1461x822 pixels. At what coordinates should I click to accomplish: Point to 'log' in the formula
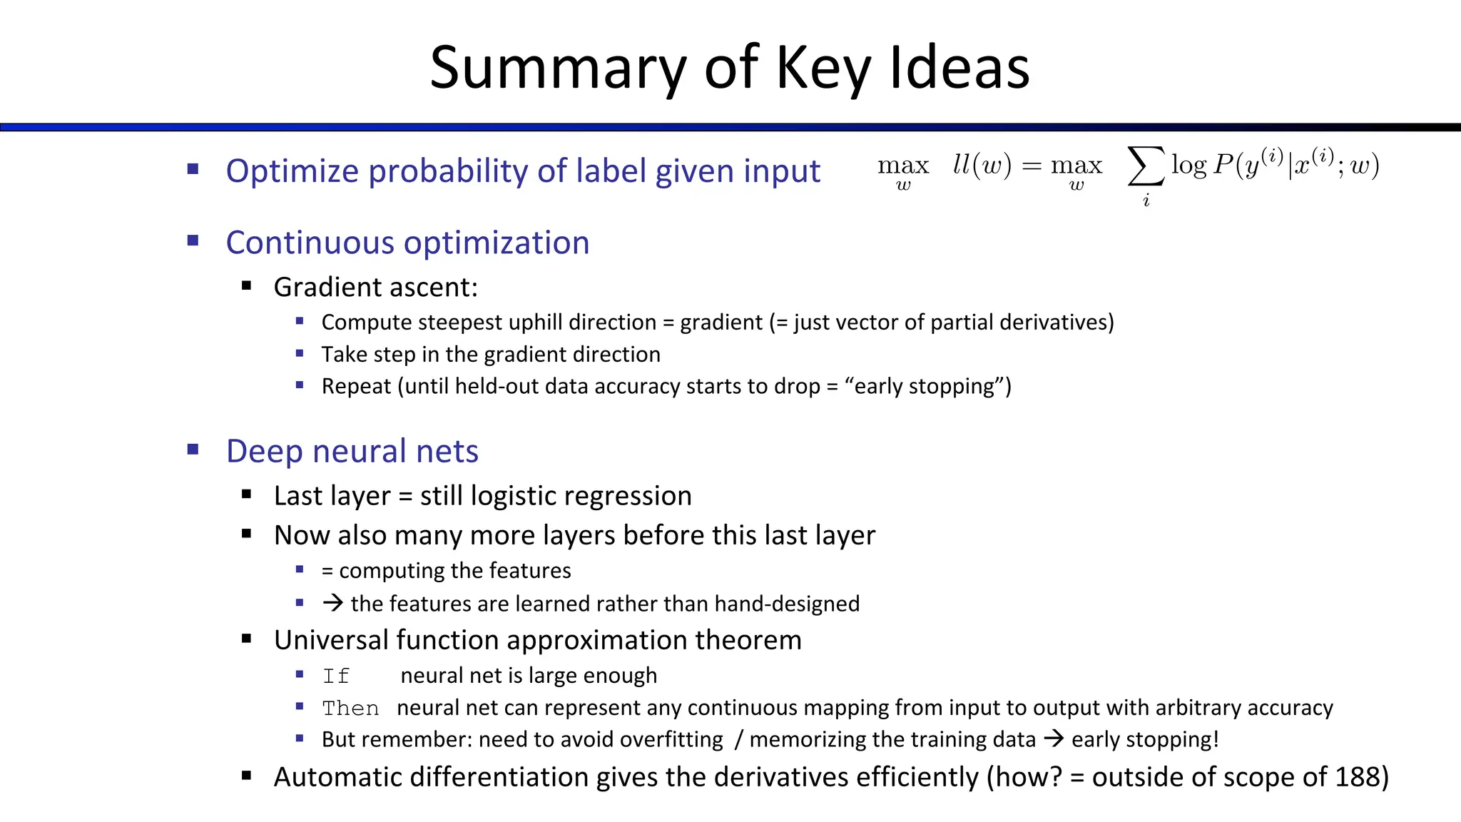1189,166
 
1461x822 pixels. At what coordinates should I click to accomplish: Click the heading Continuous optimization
407,243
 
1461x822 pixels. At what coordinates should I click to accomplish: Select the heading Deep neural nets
352,451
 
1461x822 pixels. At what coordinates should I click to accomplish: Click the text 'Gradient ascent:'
375,287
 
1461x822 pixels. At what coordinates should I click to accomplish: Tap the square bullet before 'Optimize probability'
193,170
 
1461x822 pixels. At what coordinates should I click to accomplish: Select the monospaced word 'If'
336,676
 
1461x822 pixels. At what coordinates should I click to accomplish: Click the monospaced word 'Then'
350,708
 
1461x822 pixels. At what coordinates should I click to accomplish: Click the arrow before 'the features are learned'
332,603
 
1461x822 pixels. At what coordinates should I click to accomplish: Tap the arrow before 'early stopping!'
1053,739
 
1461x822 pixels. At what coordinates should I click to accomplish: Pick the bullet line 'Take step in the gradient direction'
491,354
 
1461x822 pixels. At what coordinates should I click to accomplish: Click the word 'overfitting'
671,739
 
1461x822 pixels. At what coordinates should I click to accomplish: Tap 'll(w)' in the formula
982,166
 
